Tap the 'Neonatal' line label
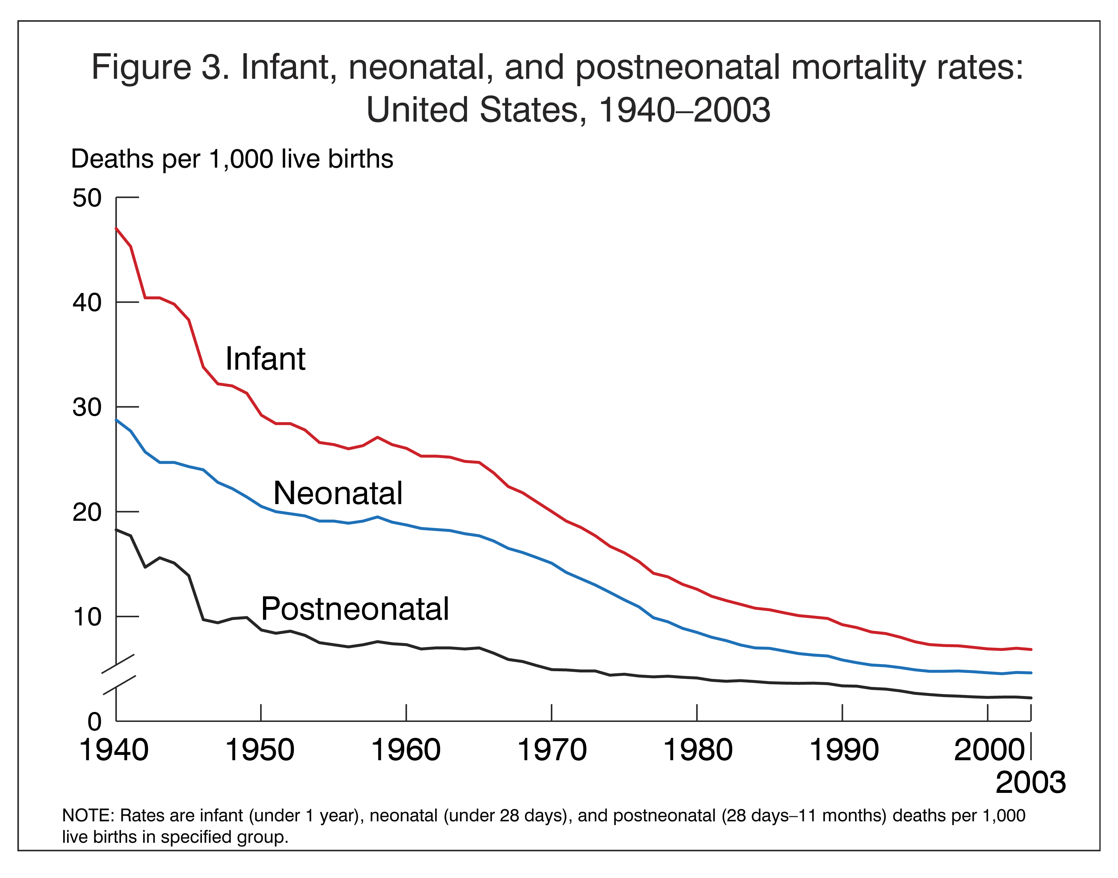click(338, 493)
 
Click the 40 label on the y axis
click(87, 302)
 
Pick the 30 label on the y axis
click(87, 407)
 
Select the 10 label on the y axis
click(87, 617)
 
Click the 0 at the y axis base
click(95, 722)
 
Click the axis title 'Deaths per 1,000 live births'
click(232, 159)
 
